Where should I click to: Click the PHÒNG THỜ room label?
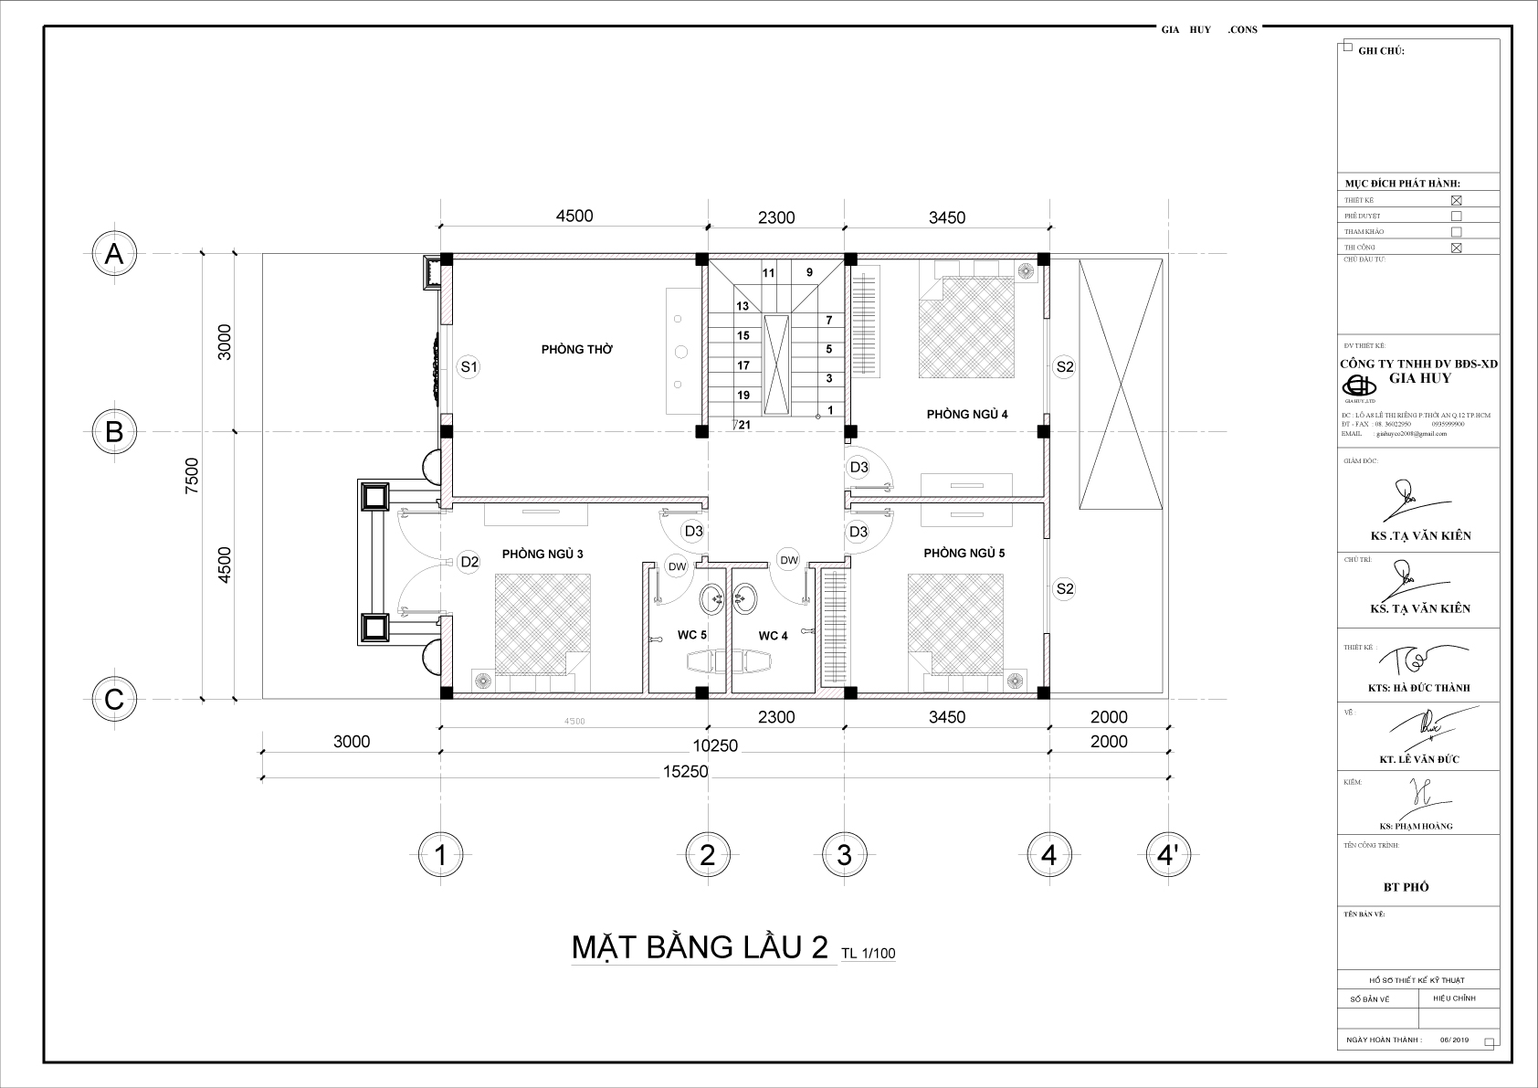[576, 349]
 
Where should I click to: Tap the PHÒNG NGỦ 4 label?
[967, 414]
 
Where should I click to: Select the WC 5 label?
[691, 635]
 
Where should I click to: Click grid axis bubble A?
[114, 254]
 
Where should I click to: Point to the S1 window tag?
[469, 367]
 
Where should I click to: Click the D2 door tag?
[469, 562]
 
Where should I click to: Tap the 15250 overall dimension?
[685, 771]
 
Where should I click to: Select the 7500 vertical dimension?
[191, 475]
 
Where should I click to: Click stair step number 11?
[768, 272]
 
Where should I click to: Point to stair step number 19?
[743, 395]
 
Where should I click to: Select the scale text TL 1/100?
[869, 954]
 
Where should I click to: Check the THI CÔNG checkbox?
[1456, 248]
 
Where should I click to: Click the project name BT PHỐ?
[1406, 887]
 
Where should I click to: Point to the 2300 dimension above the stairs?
[776, 217]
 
